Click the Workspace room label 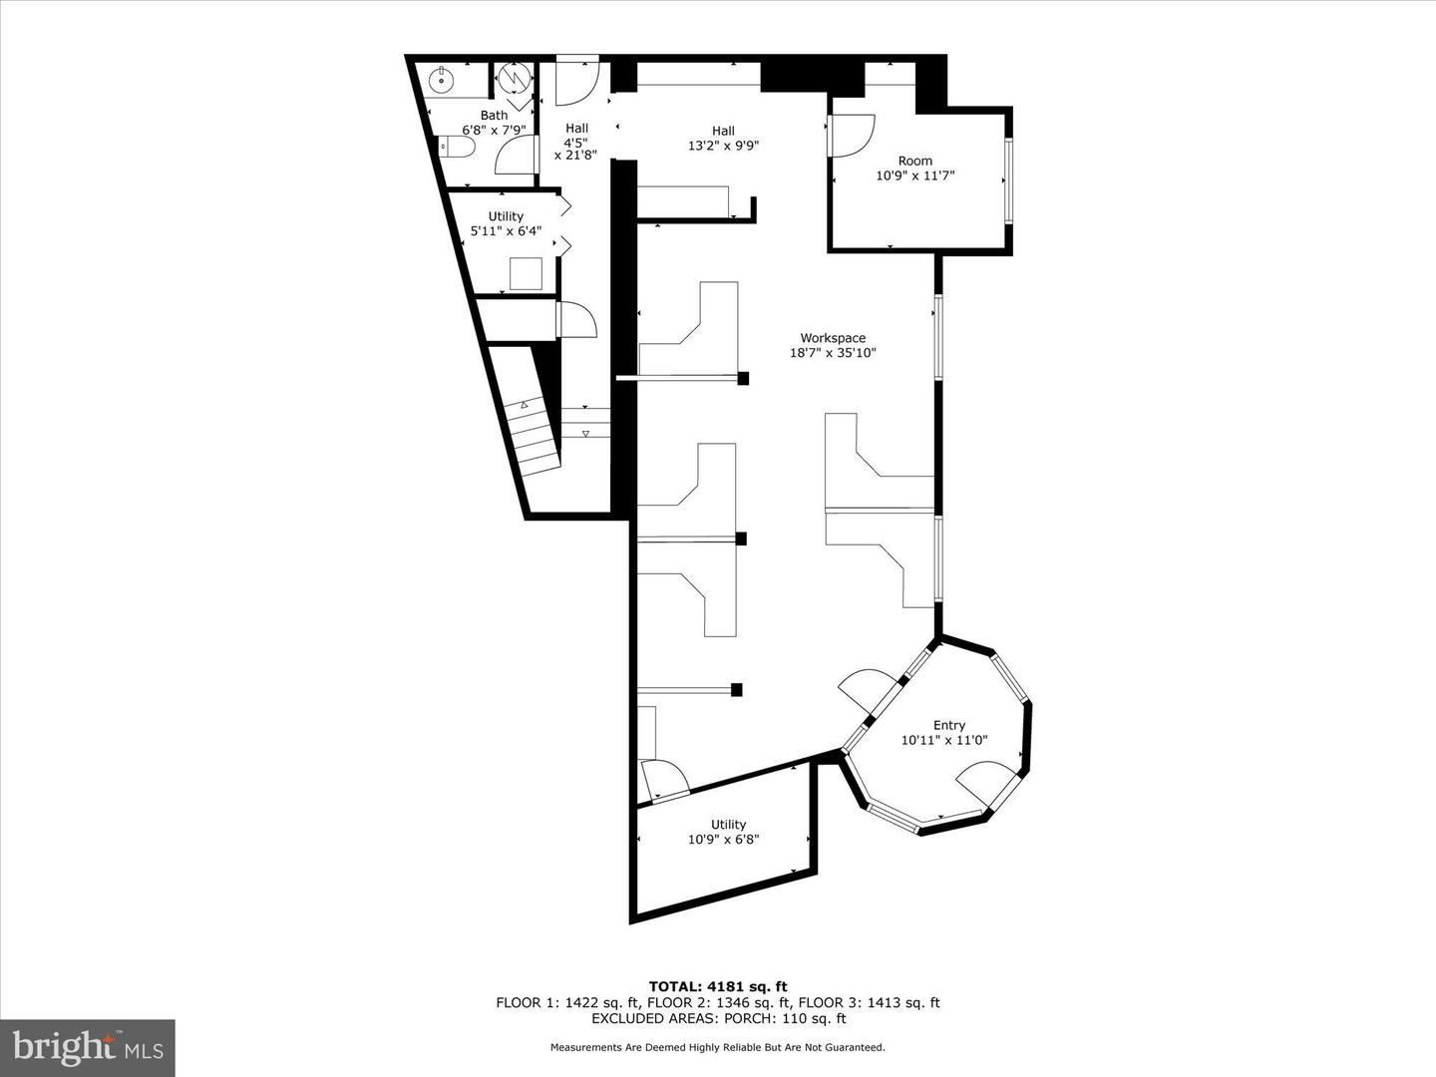(833, 338)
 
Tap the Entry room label (948, 725)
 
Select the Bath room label (494, 116)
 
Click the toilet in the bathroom (456, 148)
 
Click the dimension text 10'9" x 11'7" (914, 176)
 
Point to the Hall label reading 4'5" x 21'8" (576, 141)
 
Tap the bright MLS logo (88, 1047)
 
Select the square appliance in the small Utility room (526, 273)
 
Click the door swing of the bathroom (516, 156)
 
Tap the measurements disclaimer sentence (717, 1048)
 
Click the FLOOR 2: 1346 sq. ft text (717, 1003)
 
